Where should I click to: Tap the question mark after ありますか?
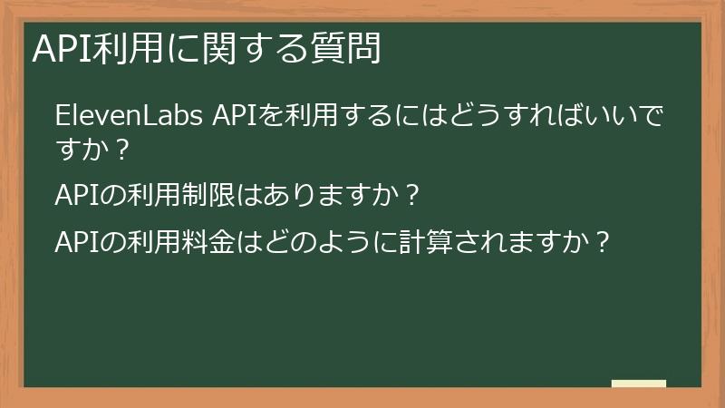coord(412,195)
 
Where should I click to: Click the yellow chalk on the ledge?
coord(638,384)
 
